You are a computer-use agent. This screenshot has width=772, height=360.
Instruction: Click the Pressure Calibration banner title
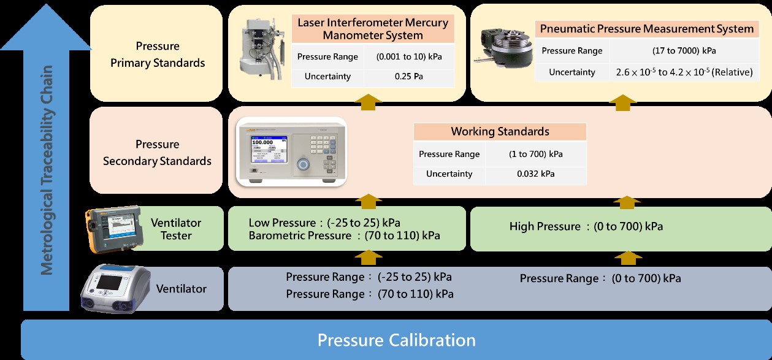point(396,340)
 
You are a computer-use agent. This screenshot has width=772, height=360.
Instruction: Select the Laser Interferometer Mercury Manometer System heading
point(373,29)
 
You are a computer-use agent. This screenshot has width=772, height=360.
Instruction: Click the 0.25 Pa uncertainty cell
point(409,77)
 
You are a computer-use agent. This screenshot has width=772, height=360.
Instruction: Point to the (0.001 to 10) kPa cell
point(409,56)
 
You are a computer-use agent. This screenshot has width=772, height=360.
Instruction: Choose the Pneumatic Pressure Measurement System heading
point(646,29)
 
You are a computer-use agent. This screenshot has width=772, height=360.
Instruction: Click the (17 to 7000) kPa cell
point(684,50)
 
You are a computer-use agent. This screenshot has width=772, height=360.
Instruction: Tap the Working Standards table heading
point(500,131)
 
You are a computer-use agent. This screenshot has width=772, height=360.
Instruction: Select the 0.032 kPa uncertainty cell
point(535,174)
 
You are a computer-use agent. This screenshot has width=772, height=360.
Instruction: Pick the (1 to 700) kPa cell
point(535,154)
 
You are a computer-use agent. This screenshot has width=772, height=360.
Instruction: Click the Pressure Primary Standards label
point(158,55)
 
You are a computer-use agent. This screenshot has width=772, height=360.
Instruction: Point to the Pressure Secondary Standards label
point(158,153)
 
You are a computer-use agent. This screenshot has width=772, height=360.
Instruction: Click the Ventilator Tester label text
point(176,229)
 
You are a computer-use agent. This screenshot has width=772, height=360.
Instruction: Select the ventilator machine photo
point(115,288)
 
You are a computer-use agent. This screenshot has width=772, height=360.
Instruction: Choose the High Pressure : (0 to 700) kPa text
point(586,227)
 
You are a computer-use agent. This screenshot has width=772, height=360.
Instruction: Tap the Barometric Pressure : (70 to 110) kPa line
point(344,236)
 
